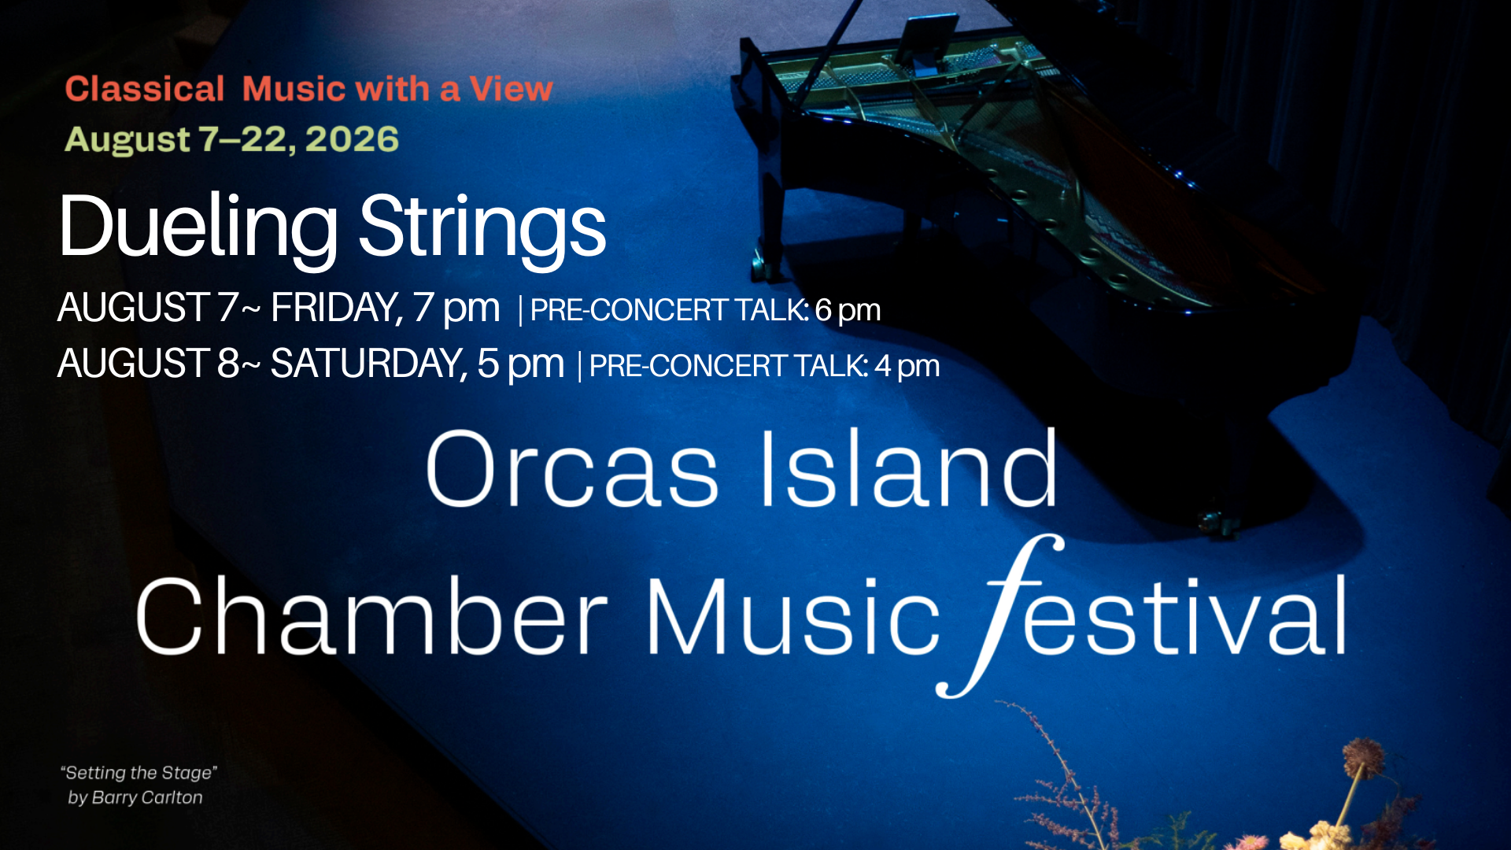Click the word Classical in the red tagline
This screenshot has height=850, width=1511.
point(145,89)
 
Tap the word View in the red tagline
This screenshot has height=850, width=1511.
point(512,89)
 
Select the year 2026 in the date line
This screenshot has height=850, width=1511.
point(352,139)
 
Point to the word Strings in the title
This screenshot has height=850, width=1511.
point(482,227)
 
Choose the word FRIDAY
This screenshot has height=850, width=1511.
point(337,308)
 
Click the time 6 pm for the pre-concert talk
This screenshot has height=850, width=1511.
point(848,311)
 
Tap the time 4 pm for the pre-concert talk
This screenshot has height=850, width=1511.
point(907,367)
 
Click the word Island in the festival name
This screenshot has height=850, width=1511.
point(908,467)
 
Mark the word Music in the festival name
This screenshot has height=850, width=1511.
point(793,615)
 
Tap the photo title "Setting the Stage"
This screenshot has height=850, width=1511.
point(139,773)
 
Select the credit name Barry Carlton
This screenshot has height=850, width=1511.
point(147,797)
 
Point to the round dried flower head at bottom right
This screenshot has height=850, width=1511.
point(1363,756)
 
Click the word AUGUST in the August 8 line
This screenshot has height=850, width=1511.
point(133,364)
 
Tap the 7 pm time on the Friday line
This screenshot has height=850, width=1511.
point(456,308)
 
